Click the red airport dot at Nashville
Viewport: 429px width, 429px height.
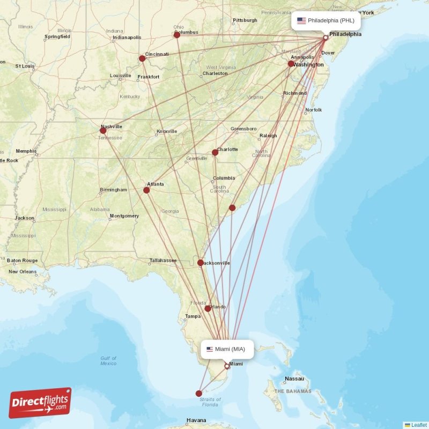click(x=103, y=130)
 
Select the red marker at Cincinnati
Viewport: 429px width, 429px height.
click(x=142, y=58)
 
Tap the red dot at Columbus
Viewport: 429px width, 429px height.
click(x=177, y=35)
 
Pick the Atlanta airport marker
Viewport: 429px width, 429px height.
click(x=146, y=190)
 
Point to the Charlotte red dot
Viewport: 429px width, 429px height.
click(x=215, y=152)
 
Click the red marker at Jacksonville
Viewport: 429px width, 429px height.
click(x=201, y=263)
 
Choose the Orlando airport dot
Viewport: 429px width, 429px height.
click(x=208, y=308)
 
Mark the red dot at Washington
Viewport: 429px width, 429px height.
click(x=291, y=64)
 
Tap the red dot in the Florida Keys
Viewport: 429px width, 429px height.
click(x=199, y=393)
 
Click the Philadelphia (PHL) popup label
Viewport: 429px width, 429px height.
click(x=326, y=21)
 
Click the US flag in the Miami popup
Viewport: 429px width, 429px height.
click(x=210, y=349)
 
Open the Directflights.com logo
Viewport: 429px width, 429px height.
click(x=40, y=403)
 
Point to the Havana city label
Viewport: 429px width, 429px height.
click(x=196, y=420)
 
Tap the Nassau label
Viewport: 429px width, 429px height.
click(x=294, y=379)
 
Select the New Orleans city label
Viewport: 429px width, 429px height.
click(x=22, y=272)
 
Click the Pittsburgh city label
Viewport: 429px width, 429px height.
click(x=245, y=21)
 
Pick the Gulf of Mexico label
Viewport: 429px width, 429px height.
click(x=108, y=361)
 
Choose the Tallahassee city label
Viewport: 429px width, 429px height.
click(x=163, y=261)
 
